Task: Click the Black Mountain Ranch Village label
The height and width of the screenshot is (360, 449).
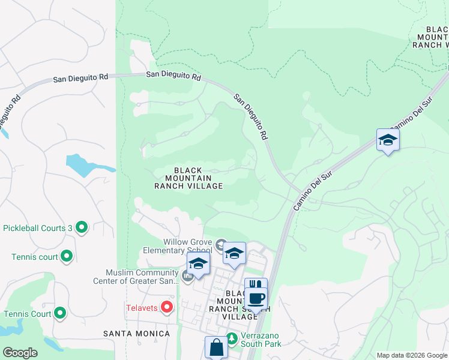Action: click(x=188, y=178)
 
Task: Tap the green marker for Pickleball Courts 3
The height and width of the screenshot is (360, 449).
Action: click(x=82, y=227)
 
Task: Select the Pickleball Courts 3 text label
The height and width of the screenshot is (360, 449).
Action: click(x=37, y=228)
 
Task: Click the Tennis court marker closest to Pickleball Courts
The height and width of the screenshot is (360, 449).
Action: click(x=67, y=257)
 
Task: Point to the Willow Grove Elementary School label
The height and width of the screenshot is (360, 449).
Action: click(x=178, y=246)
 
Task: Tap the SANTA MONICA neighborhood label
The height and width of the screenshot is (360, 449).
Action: click(x=134, y=333)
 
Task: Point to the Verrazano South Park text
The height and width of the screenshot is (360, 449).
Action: click(x=261, y=340)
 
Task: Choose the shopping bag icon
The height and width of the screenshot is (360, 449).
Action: click(x=216, y=347)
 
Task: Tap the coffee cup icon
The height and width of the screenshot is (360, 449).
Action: click(x=256, y=298)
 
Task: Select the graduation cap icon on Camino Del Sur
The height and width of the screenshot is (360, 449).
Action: click(x=388, y=140)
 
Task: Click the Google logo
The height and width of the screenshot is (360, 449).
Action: click(x=20, y=353)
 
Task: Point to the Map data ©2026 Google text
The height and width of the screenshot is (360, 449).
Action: click(x=411, y=355)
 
